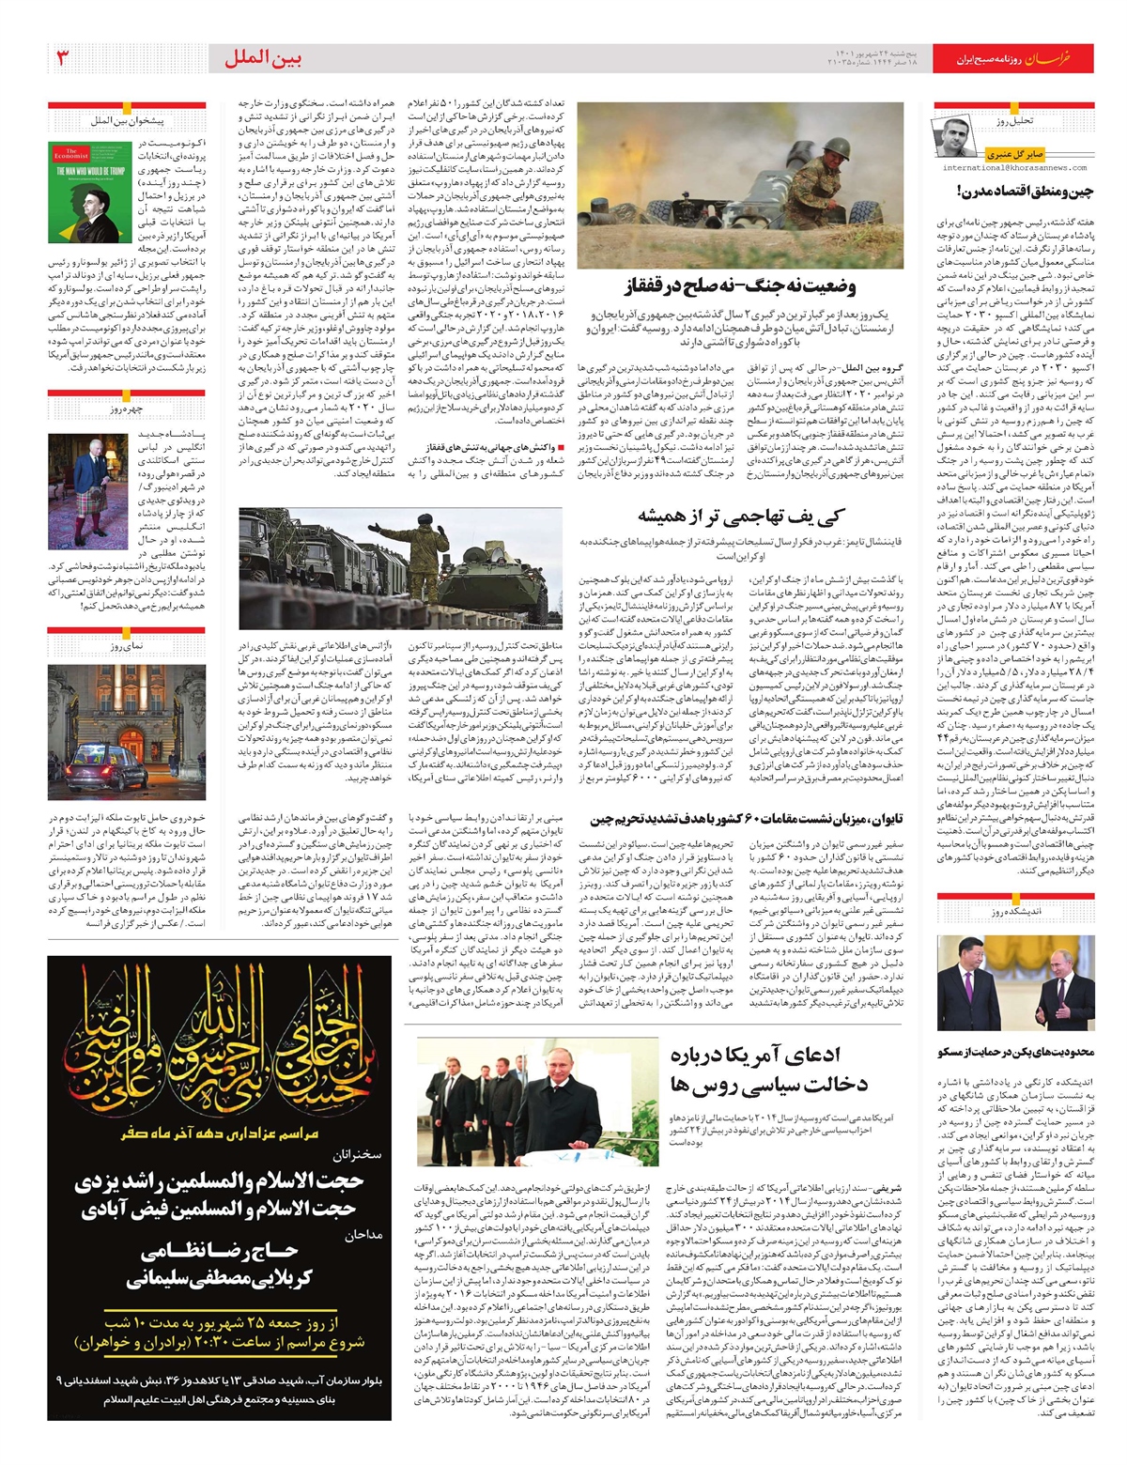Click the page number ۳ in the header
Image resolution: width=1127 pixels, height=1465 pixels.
point(63,58)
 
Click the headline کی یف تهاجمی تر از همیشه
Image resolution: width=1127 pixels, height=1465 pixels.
point(741,516)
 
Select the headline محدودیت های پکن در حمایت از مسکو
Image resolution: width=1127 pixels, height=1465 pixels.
point(1015,1052)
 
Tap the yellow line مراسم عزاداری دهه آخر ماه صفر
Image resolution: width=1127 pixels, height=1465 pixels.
point(220,1134)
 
